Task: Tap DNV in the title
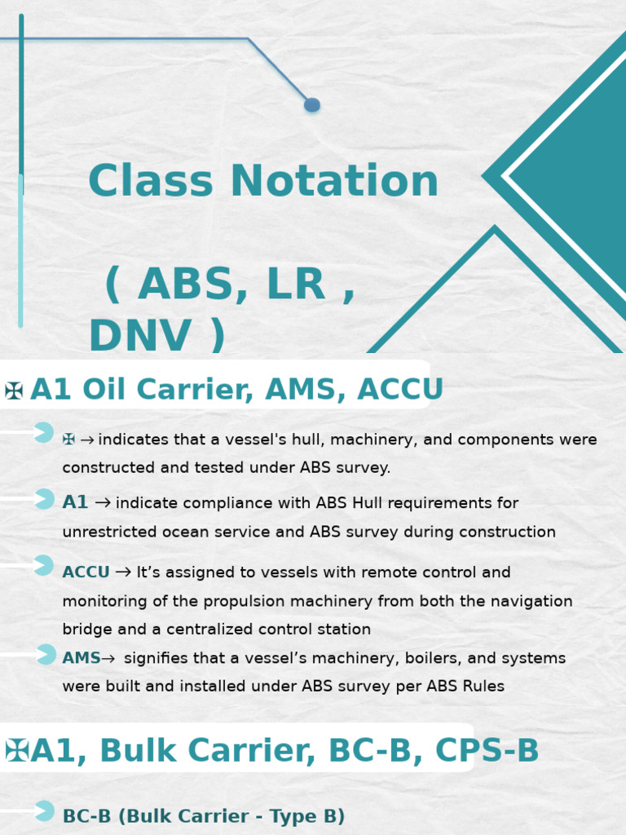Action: pos(139,336)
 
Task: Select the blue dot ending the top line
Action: pos(311,104)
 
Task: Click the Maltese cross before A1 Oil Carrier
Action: pos(14,391)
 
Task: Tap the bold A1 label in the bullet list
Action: pos(75,503)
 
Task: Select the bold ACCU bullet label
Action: pos(86,572)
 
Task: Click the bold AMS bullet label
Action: pos(82,658)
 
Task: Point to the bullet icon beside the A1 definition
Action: pos(44,499)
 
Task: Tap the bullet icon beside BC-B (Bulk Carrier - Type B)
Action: pos(44,811)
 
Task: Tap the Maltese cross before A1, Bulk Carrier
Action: pos(17,750)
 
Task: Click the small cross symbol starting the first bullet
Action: pos(68,440)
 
